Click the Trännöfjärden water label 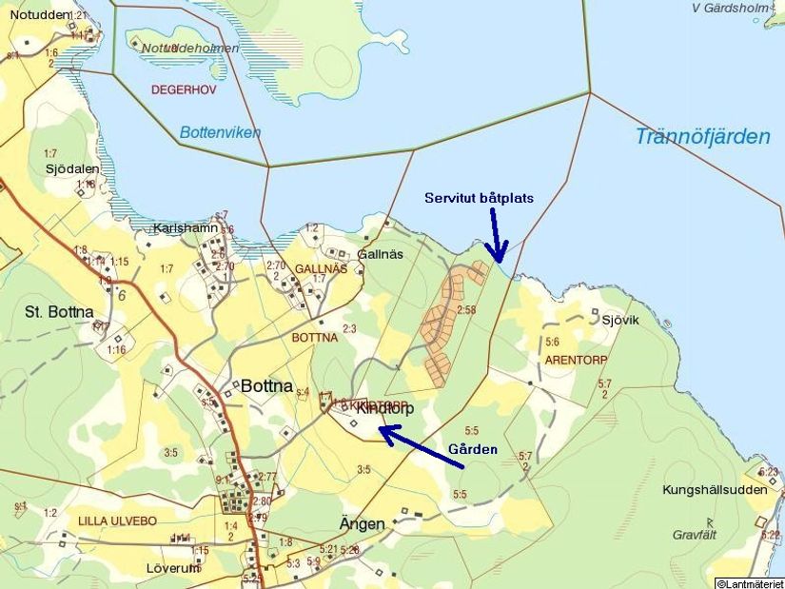point(702,137)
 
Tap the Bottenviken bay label point(220,133)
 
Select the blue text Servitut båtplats point(479,198)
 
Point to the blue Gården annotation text point(473,449)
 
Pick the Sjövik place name point(619,320)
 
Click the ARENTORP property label point(575,361)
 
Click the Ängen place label point(363,524)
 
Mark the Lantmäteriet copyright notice point(750,582)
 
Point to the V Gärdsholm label point(731,8)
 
